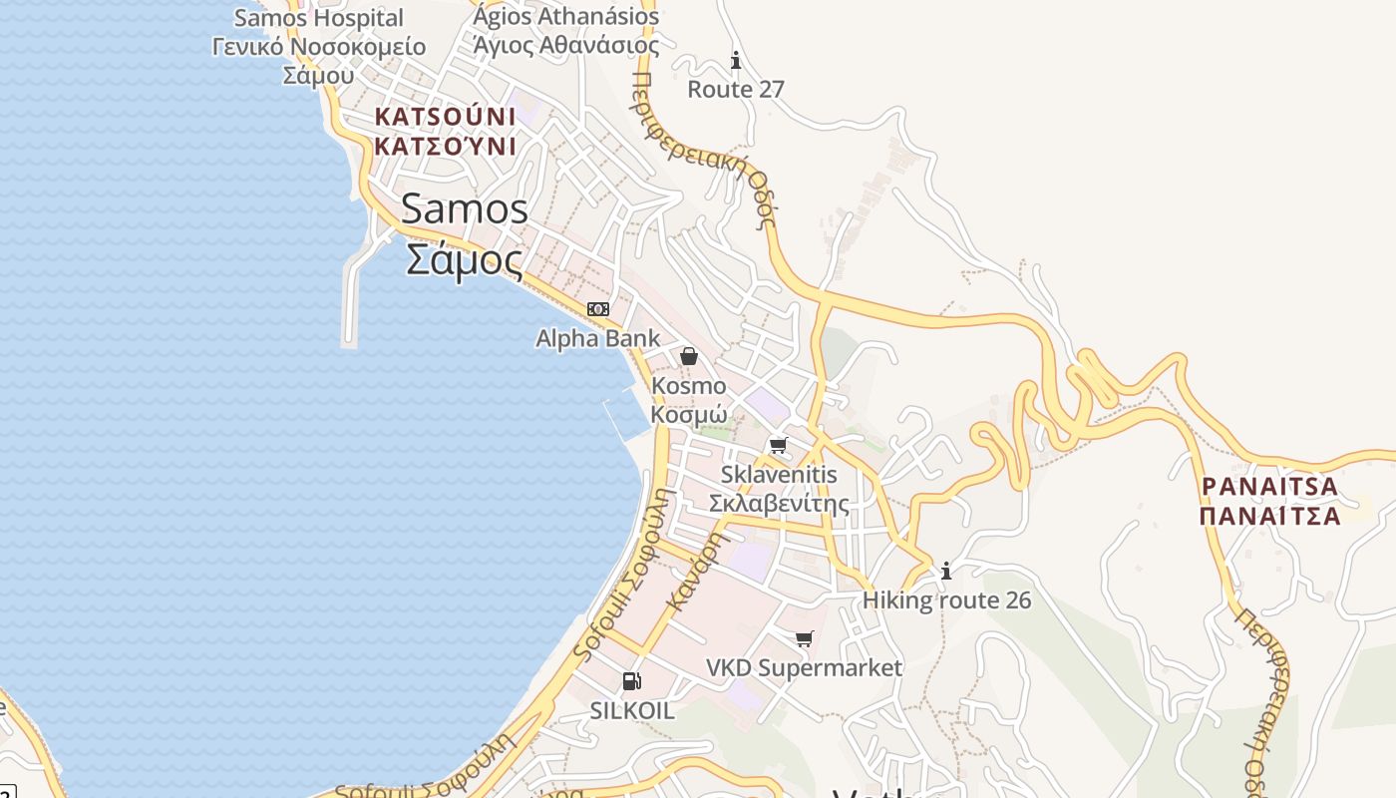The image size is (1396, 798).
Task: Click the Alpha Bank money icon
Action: [x=598, y=309]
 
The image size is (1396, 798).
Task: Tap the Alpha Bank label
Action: [x=598, y=338]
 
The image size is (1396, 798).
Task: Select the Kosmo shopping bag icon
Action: [x=688, y=356]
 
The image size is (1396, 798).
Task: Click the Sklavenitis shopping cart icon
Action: [x=778, y=445]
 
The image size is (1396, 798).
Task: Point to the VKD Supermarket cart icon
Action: [x=804, y=638]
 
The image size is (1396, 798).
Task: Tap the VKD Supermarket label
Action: [x=804, y=667]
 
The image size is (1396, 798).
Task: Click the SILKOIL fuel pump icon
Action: [x=631, y=681]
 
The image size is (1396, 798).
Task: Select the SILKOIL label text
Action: [x=632, y=711]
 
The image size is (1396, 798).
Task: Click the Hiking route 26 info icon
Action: [x=946, y=571]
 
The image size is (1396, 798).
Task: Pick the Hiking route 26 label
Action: [x=946, y=599]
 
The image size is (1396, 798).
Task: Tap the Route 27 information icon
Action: [x=736, y=61]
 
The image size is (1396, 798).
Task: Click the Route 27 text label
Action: [x=736, y=89]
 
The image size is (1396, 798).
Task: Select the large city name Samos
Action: [x=465, y=208]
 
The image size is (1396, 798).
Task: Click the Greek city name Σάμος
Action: [x=465, y=259]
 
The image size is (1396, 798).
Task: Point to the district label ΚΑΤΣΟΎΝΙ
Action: [x=445, y=147]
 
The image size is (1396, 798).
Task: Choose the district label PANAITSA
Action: [x=1269, y=487]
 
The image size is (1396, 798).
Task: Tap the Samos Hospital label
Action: [x=319, y=18]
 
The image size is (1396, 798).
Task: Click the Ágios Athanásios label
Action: [x=566, y=16]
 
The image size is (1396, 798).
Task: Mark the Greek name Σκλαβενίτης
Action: [x=779, y=502]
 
